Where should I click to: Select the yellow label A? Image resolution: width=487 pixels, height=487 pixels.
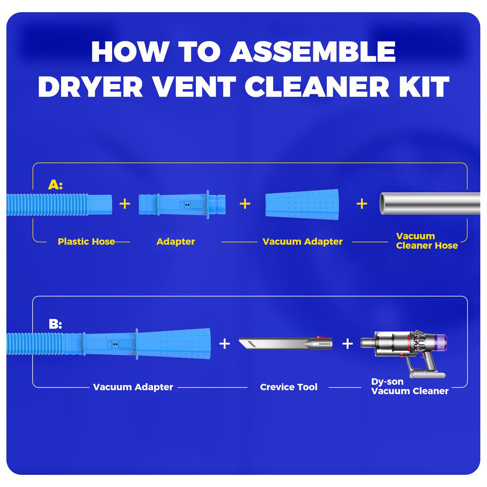pos(55,184)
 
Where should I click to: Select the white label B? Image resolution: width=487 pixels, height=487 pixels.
pos(55,324)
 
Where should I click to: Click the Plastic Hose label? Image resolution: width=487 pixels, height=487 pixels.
pos(86,242)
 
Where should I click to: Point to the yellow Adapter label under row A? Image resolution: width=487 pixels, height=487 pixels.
pos(176,242)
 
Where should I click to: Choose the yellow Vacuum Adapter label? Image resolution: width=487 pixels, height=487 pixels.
pos(303,242)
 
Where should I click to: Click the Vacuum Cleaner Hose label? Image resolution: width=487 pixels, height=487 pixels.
pos(427,241)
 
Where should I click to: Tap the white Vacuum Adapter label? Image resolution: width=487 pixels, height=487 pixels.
pos(133,387)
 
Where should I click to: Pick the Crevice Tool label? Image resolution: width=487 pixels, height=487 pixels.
pos(289,387)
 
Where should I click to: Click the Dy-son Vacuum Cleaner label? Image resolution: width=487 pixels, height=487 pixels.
pos(410,386)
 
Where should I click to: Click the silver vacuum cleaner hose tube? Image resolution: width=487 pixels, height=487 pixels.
pos(430,204)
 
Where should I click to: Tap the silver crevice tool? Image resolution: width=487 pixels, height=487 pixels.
pos(286,344)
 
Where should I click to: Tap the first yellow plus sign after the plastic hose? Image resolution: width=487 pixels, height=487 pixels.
pos(125,204)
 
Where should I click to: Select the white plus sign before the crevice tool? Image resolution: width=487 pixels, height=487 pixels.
pos(225,344)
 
